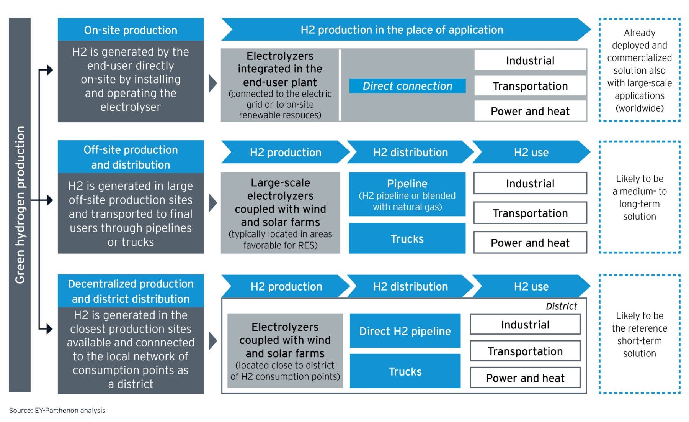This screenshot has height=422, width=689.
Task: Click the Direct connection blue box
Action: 407,86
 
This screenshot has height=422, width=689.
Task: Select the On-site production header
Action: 131,30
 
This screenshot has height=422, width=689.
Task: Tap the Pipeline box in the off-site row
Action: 407,194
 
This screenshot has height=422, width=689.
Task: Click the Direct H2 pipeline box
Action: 405,331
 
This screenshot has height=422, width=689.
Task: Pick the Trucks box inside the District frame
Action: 405,371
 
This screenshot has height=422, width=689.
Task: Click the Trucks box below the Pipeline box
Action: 407,238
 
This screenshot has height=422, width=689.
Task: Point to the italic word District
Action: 561,306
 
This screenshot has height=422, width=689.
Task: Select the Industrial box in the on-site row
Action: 530,60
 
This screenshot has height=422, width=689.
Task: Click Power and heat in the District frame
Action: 525,378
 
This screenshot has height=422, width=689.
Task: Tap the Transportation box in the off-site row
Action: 530,213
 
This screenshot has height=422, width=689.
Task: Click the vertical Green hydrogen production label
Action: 20,205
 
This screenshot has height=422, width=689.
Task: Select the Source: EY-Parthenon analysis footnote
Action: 57,410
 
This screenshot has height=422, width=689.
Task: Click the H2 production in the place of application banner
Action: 402,30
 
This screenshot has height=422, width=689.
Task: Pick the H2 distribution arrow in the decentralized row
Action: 410,286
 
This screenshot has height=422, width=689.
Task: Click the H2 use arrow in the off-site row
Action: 531,152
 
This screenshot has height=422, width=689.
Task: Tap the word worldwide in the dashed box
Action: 639,108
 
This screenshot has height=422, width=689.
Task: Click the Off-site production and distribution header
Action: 131,157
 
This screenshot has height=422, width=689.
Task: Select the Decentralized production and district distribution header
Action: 131,291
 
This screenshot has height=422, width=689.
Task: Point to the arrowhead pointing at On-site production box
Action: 49,70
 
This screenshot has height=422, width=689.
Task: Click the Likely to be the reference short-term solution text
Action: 639,334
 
